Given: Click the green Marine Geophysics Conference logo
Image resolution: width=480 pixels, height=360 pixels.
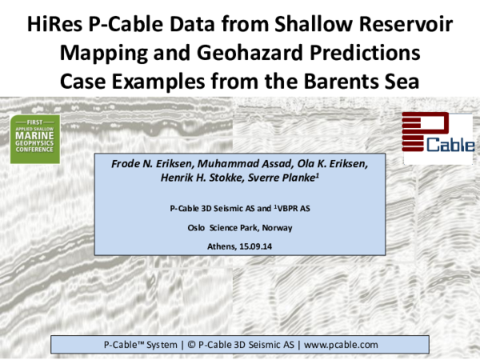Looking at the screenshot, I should pyautogui.click(x=35, y=139).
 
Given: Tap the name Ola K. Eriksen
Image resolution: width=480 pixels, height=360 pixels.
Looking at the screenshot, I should pyautogui.click(x=333, y=164).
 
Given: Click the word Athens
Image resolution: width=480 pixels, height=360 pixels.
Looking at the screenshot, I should pyautogui.click(x=212, y=245).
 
